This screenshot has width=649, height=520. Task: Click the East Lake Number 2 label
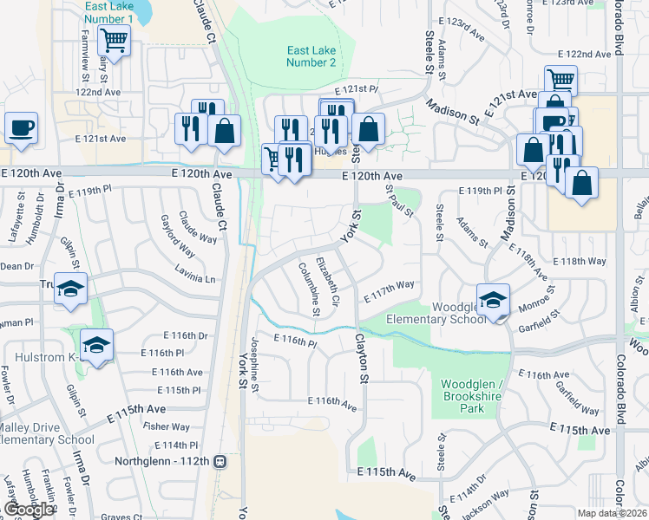click(311, 56)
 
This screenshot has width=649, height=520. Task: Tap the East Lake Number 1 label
click(109, 12)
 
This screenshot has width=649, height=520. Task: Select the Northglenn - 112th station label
click(170, 460)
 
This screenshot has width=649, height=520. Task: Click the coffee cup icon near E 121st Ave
click(22, 127)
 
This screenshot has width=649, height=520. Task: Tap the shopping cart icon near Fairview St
click(114, 40)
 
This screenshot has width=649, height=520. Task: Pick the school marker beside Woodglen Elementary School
click(494, 300)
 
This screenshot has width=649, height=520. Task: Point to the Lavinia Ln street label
click(197, 278)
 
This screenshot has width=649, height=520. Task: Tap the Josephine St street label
click(255, 368)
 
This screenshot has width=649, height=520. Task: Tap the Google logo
click(29, 510)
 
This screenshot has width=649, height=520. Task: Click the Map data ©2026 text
click(611, 513)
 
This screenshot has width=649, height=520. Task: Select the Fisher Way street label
click(167, 426)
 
